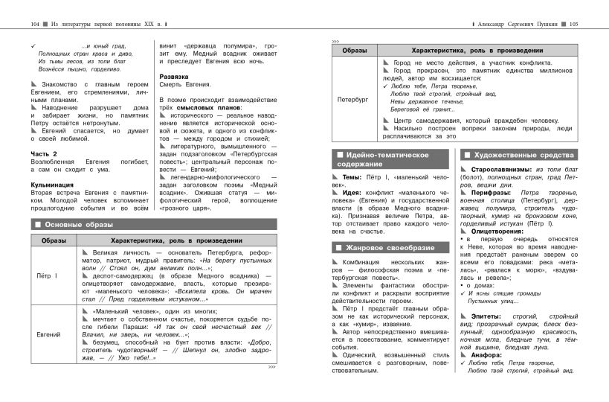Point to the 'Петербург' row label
point(353,98)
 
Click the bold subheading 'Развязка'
point(175,76)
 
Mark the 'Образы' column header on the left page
point(54,240)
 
